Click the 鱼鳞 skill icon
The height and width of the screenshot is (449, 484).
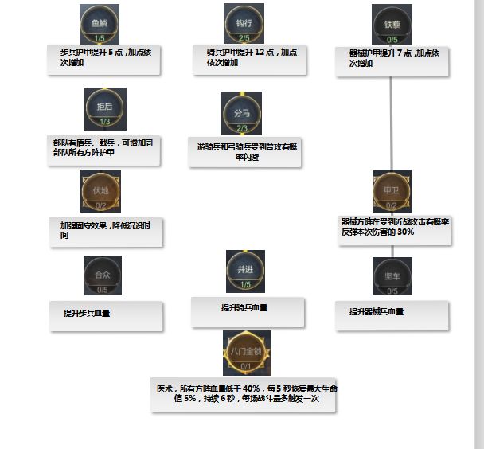point(100,23)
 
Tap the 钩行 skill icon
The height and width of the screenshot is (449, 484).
point(244,23)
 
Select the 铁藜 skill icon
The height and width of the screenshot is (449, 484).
point(392,24)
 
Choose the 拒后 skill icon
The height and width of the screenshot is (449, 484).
point(105,107)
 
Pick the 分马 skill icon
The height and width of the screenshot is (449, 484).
point(241,112)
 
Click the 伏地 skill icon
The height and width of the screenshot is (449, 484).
point(101,190)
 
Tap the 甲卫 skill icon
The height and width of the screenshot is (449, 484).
point(391,189)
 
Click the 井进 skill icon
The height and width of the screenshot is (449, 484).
point(244,270)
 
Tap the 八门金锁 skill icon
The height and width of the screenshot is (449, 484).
point(247,352)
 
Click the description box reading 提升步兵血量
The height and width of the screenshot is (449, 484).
point(107,314)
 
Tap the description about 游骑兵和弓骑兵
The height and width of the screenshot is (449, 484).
point(244,151)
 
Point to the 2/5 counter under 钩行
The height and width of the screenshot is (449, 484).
point(244,37)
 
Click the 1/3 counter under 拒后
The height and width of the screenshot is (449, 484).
point(105,122)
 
